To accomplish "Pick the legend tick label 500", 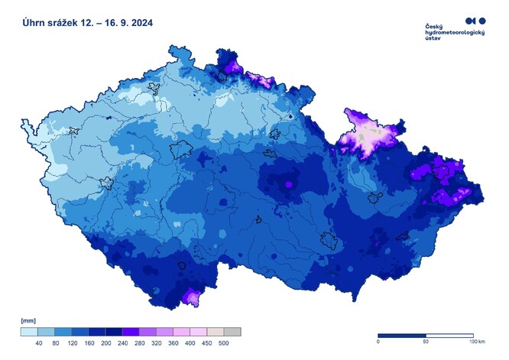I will coord(224,345).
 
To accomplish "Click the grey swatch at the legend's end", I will coord(232,332).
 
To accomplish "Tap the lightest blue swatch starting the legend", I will coord(29,332).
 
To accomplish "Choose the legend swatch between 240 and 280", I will coord(131,332).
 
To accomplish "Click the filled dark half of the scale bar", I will coord(402,336).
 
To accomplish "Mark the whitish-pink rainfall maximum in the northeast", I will coord(370,136).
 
